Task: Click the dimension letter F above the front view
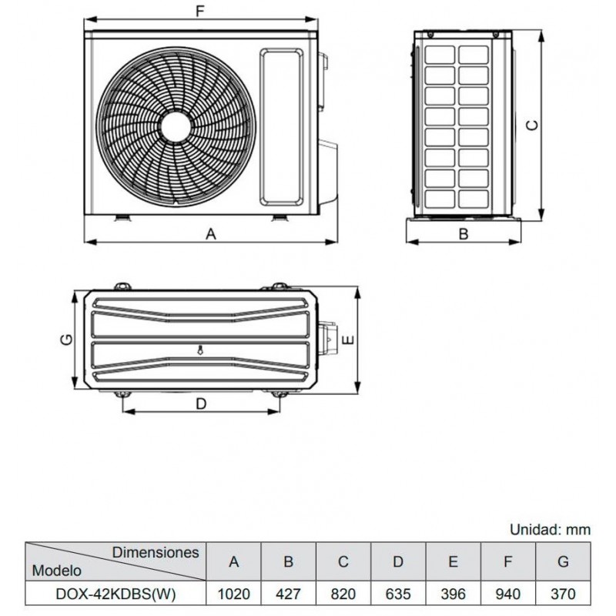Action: point(201,12)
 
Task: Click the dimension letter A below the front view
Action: point(211,234)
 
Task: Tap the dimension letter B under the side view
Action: point(464,234)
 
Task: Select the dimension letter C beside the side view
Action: point(532,125)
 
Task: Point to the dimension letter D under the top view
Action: point(201,403)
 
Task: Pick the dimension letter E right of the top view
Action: point(349,340)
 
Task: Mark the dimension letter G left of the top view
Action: point(67,340)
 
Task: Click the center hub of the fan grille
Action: point(176,126)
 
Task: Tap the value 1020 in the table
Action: point(234,594)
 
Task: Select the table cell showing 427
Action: point(288,594)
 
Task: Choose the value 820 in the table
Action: point(343,594)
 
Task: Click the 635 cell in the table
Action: point(398,594)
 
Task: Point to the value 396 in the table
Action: point(453,594)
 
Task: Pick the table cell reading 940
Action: point(508,594)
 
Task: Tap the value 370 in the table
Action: point(563,594)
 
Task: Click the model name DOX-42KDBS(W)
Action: point(116,594)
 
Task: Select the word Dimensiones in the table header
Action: point(156,552)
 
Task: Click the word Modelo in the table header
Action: point(56,571)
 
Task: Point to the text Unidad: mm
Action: point(550,530)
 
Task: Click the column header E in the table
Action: point(453,562)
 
